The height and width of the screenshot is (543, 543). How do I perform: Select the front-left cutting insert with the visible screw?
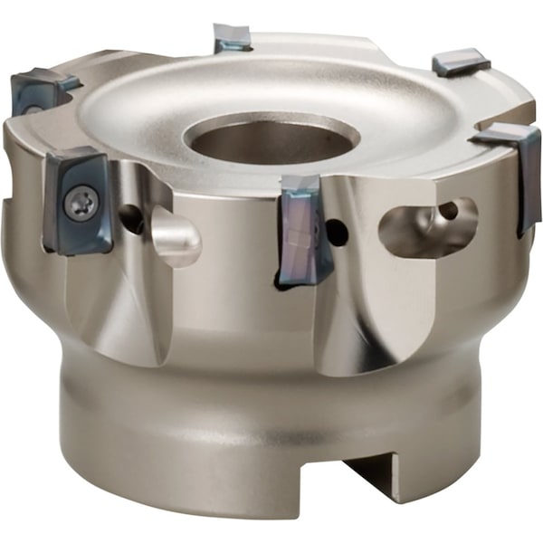click(78, 201)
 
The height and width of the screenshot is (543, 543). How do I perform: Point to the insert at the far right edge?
click(519, 172)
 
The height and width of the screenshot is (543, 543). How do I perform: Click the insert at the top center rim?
click(233, 38)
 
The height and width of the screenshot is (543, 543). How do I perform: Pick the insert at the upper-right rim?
click(461, 62)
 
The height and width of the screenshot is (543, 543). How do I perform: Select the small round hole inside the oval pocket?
click(446, 211)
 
